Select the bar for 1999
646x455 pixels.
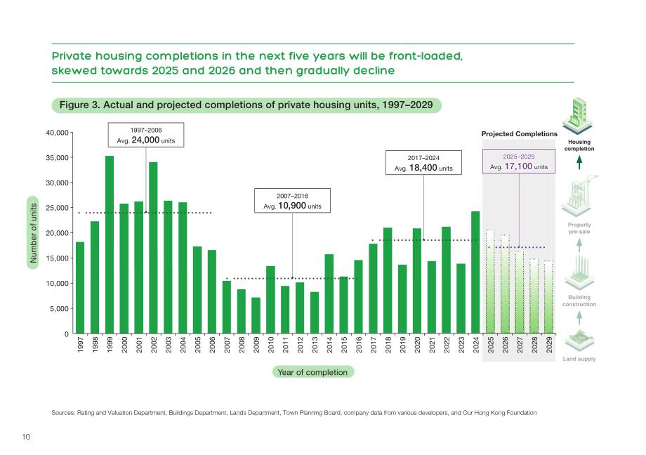109,245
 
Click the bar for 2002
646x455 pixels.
153,248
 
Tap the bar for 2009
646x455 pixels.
256,316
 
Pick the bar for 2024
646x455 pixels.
475,272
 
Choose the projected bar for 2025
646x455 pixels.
490,282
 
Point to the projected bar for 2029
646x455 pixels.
549,297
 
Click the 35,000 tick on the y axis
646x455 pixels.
58,158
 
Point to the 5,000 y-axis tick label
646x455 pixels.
59,309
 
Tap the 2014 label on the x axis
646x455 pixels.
329,345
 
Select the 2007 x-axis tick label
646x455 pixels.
227,345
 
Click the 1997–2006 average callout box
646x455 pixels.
146,135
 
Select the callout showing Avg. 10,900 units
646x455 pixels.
292,201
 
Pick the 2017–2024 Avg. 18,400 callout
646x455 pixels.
423,163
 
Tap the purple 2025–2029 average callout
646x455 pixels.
519,161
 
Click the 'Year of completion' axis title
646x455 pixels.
312,372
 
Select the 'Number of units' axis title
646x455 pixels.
33,233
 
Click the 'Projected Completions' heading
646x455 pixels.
519,134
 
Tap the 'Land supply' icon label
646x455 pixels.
579,359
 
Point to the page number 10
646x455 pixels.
26,437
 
